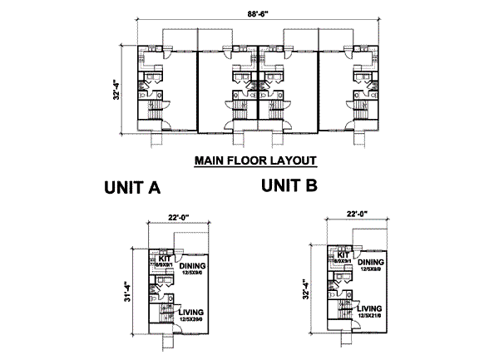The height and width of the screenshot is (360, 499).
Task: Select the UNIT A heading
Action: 132,188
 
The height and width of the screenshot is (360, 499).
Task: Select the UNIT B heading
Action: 289,186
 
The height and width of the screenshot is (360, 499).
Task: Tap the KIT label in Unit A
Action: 162,258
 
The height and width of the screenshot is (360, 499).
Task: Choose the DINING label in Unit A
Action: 192,266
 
